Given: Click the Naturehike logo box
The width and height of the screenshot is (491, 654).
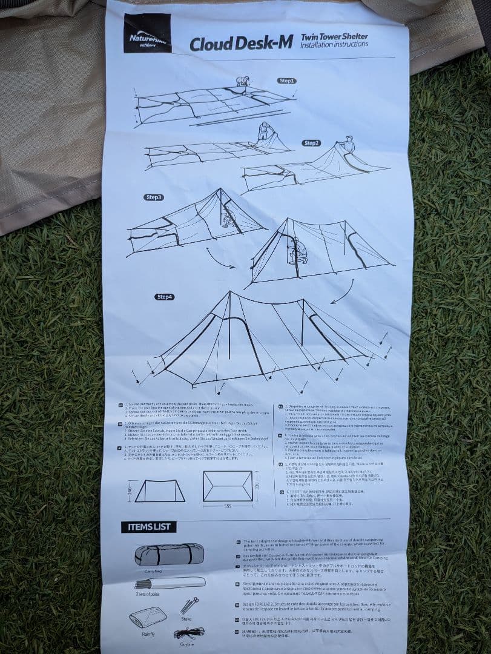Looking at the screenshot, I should pos(147,33).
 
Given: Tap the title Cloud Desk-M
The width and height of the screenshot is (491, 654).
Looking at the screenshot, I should pos(241,44).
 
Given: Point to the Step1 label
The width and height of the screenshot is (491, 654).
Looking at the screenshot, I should pos(286,81).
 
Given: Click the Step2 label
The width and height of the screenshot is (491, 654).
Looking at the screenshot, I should pos(311,143).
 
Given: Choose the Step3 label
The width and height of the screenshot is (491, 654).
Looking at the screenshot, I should pos(154,197).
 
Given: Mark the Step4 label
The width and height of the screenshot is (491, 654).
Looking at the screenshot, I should pos(164,297).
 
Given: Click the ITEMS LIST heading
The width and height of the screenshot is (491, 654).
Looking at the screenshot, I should pos(148,527).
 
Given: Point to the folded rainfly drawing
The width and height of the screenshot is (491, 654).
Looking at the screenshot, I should pos(148,616).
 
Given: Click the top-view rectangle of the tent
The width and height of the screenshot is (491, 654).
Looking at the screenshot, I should pos(227,486).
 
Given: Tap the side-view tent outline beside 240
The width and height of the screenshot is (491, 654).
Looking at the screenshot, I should pos(159,490).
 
